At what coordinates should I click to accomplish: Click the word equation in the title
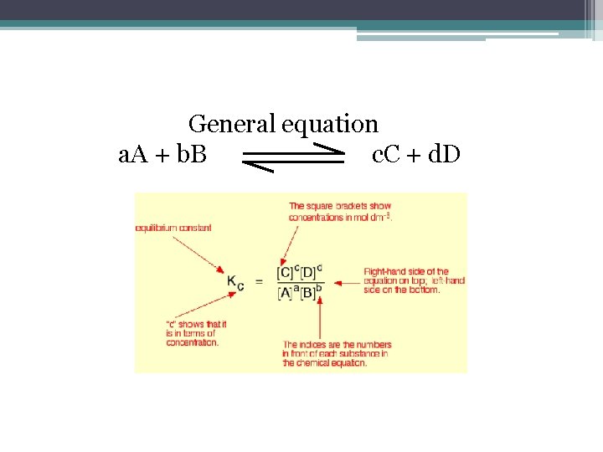tap(330, 125)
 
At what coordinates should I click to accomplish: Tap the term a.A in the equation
tap(136, 154)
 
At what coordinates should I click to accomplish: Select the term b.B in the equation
tap(189, 154)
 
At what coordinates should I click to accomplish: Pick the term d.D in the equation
tap(441, 154)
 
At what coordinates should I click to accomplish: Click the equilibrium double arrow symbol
tap(294, 157)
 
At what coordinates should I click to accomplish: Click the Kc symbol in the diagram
tap(235, 282)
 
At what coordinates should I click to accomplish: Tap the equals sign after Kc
tap(259, 281)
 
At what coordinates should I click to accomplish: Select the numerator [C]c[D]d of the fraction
tap(299, 272)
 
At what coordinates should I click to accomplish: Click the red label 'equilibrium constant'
tap(173, 228)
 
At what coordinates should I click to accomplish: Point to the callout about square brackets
tap(340, 211)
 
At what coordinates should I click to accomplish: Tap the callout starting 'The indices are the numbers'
tap(335, 353)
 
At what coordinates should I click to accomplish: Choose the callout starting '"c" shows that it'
tap(196, 333)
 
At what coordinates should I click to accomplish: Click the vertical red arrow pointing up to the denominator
tap(319, 318)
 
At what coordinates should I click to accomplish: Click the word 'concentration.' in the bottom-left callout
tap(192, 342)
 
